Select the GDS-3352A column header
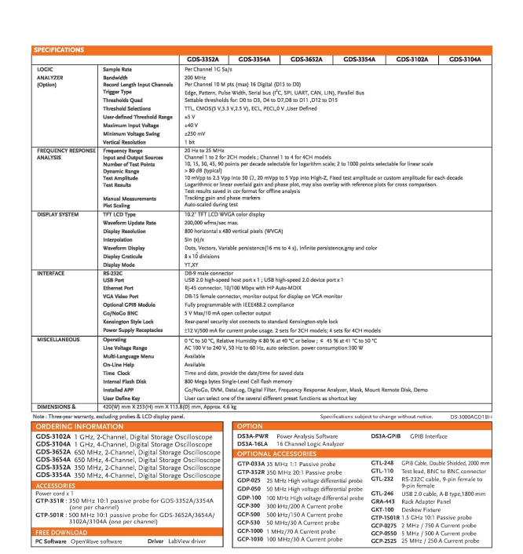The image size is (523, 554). coord(203,60)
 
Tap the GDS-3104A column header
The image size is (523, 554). coord(465,60)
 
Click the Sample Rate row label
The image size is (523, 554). coord(119,70)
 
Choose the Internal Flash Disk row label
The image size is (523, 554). coord(128,380)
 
